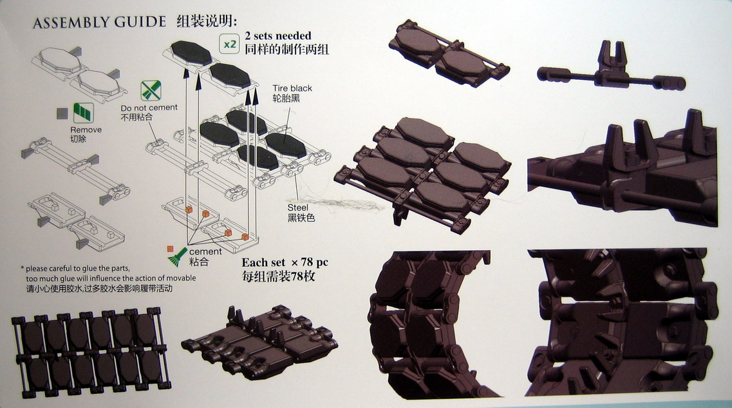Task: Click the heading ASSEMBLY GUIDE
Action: click(x=99, y=23)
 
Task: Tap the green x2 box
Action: click(x=229, y=44)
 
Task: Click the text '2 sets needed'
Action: click(x=278, y=36)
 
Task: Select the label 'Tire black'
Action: click(x=292, y=88)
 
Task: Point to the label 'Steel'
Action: click(x=297, y=207)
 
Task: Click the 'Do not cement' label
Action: click(x=149, y=107)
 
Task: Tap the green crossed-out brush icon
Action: click(x=151, y=90)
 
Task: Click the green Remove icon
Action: click(x=83, y=113)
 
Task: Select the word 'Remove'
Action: click(x=86, y=130)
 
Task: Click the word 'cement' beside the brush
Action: click(x=205, y=251)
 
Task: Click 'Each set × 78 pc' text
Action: click(x=285, y=263)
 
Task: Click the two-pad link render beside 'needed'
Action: click(x=448, y=55)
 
